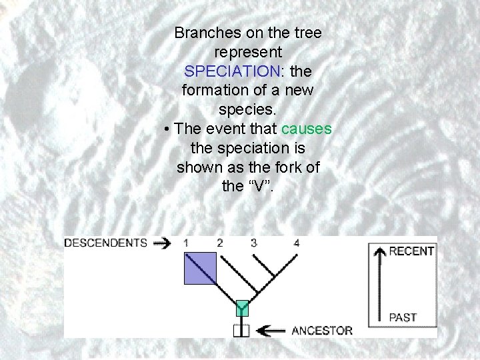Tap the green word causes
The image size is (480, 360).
[x=307, y=128]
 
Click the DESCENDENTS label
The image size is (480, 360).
[x=105, y=243]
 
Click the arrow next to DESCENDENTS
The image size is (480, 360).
[x=161, y=243]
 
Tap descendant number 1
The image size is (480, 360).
[x=186, y=243]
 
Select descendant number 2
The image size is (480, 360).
[x=219, y=243]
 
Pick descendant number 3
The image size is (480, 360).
[x=253, y=243]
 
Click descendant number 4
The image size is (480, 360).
[x=296, y=243]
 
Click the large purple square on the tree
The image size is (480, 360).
[x=200, y=268]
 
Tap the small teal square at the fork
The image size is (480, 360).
[x=241, y=308]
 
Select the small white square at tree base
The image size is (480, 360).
[x=241, y=330]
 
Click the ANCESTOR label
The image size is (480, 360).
[x=322, y=330]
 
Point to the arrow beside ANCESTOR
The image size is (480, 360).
[x=273, y=330]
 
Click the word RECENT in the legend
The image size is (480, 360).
[x=411, y=251]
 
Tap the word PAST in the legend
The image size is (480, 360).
[x=403, y=317]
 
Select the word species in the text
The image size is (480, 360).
[x=247, y=108]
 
